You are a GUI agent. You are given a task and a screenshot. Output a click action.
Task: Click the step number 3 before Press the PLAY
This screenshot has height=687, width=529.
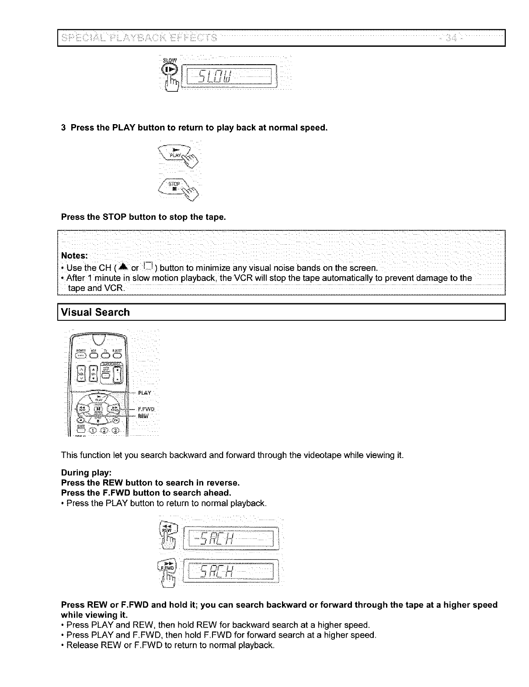pos(63,128)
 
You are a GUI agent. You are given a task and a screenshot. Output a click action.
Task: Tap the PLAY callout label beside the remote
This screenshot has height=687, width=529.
pos(144,392)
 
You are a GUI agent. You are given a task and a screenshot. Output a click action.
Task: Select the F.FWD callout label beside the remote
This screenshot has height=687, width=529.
pos(146,409)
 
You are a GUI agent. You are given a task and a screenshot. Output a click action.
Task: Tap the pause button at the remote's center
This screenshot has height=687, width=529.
pos(98,409)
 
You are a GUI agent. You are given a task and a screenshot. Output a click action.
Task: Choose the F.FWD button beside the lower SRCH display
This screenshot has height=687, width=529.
pos(168,567)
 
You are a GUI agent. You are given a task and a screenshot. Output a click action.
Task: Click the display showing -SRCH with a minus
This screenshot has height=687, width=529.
pos(231,538)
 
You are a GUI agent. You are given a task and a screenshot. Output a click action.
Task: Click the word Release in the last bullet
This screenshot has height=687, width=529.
pos(81,645)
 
